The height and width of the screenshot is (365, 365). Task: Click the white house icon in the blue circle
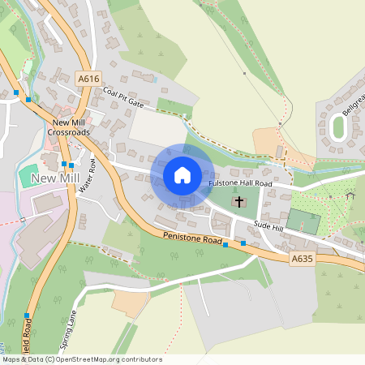click(x=182, y=175)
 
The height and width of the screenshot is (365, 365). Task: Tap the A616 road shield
click(x=89, y=79)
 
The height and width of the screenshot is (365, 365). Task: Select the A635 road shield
click(x=302, y=259)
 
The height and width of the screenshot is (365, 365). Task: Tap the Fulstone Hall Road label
click(x=241, y=184)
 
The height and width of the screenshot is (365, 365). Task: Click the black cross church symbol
click(x=238, y=201)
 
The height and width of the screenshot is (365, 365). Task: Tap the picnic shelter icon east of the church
click(x=350, y=195)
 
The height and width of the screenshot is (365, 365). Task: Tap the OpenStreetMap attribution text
click(x=81, y=359)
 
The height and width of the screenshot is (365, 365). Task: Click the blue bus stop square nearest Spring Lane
click(x=27, y=316)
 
